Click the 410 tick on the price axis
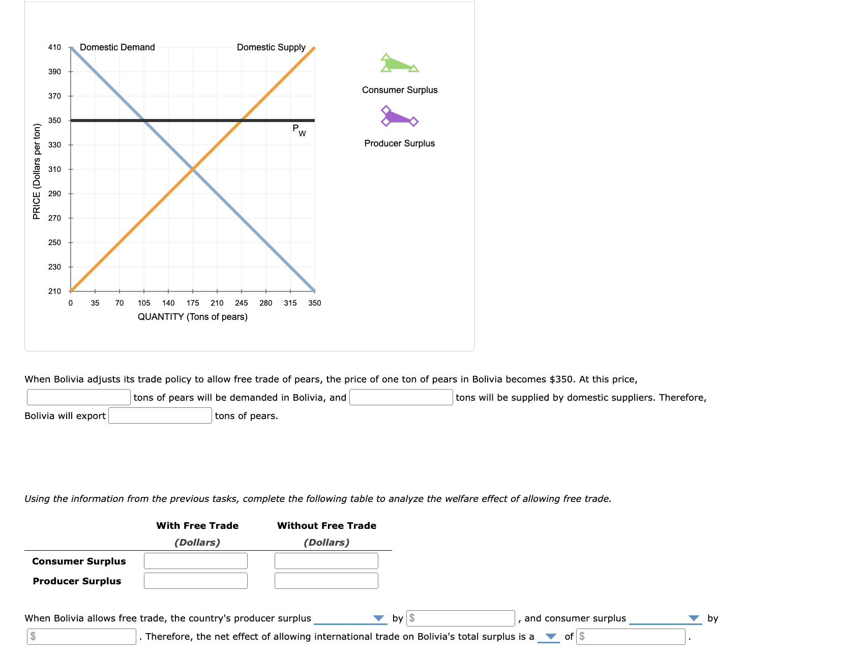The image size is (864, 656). click(x=54, y=47)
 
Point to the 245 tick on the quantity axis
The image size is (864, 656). click(x=242, y=303)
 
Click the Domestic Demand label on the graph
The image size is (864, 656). click(x=117, y=47)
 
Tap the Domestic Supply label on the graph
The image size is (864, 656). click(x=271, y=47)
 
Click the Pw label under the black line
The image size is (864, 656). click(x=299, y=130)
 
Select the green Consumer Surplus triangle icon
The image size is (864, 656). click(x=399, y=64)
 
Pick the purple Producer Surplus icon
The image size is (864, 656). click(x=399, y=116)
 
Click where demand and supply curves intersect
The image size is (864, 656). click(x=193, y=169)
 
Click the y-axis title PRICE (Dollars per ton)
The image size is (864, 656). click(x=37, y=171)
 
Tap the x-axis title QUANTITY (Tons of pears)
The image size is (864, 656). click(x=193, y=317)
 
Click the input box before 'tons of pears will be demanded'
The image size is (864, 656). click(x=79, y=397)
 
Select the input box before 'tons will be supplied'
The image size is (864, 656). click(x=401, y=397)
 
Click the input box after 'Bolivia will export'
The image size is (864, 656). click(x=160, y=415)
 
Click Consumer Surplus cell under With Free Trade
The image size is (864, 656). click(x=196, y=561)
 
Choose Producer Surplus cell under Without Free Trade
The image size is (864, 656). click(x=326, y=581)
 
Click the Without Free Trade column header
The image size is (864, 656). click(x=326, y=526)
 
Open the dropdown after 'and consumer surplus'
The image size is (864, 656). click(x=665, y=618)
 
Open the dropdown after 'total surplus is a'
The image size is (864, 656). click(x=549, y=637)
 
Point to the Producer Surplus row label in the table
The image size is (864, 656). click(x=77, y=581)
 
